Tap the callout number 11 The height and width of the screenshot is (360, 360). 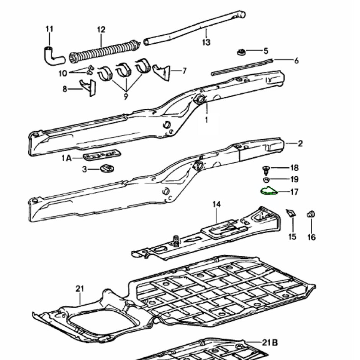tap(49, 29)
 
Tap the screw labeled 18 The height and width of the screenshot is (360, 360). tap(265, 168)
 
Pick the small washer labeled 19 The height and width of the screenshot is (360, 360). tap(265, 180)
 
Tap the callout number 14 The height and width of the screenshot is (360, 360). tap(217, 205)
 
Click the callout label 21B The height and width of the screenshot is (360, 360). tap(269, 343)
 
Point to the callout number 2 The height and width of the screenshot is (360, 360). tap(300, 144)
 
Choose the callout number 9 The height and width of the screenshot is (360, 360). tap(126, 97)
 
